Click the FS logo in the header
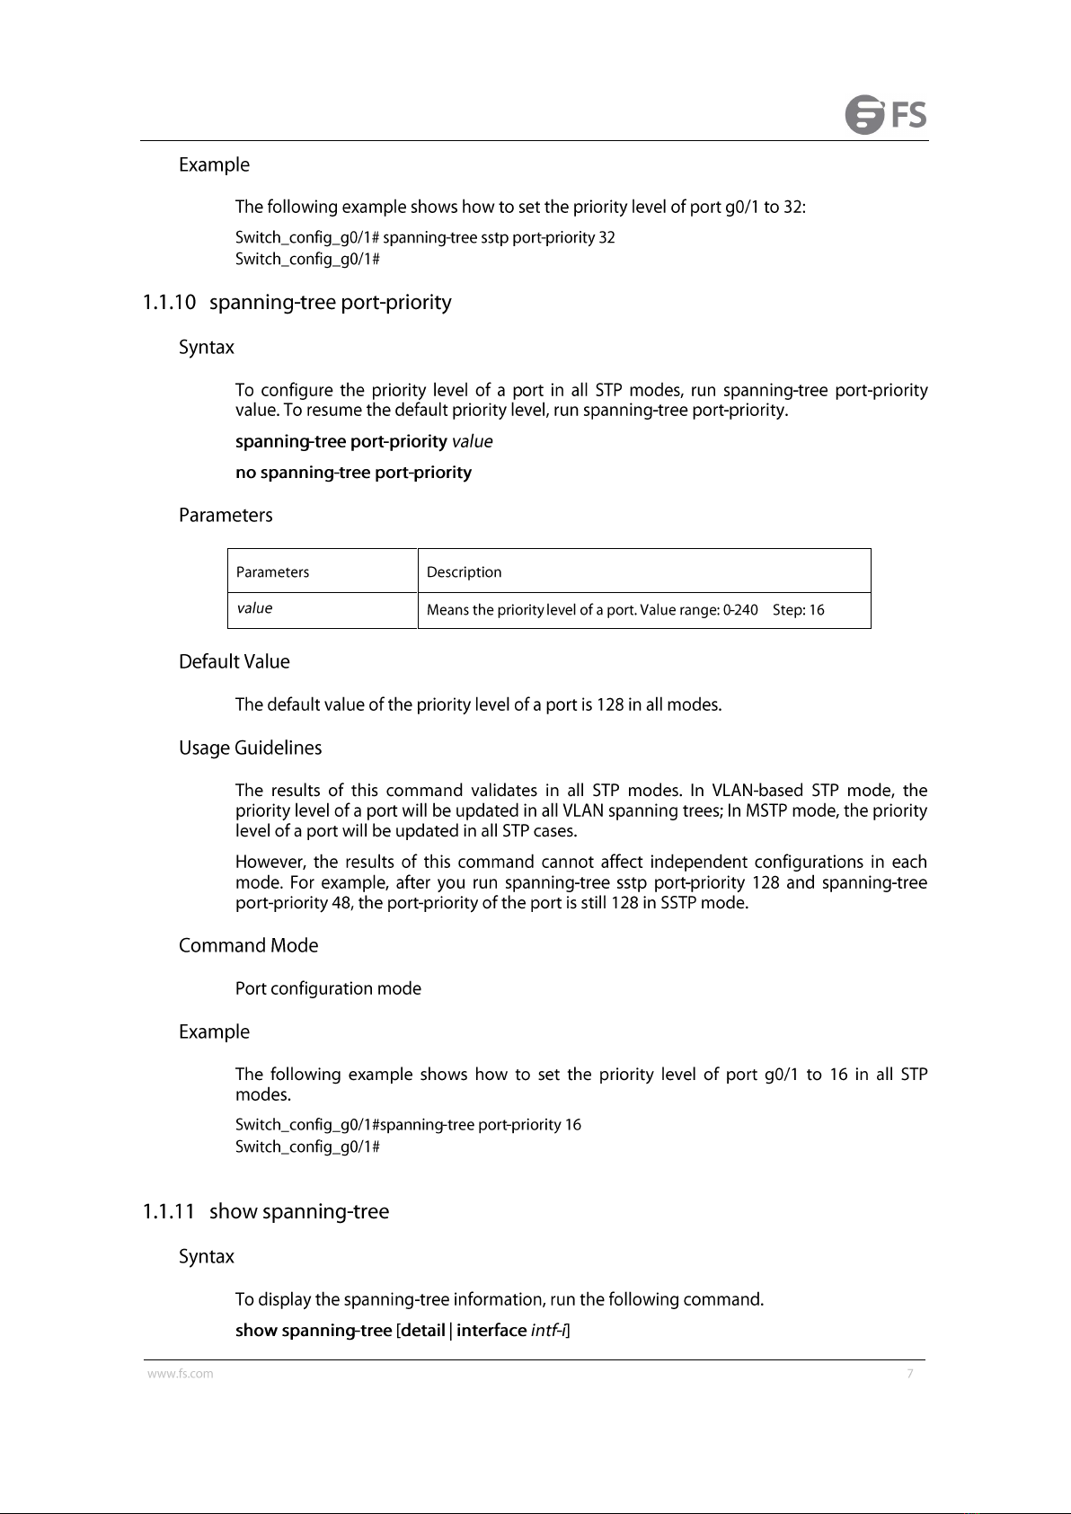pyautogui.click(x=886, y=115)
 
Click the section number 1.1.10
pyautogui.click(x=169, y=303)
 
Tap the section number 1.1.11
pyautogui.click(x=169, y=1212)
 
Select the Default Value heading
pyautogui.click(x=235, y=662)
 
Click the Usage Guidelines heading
pyautogui.click(x=250, y=748)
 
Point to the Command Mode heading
pyautogui.click(x=248, y=946)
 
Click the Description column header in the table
pyautogui.click(x=464, y=572)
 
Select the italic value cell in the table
pyautogui.click(x=254, y=609)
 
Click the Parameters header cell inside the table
pyautogui.click(x=272, y=572)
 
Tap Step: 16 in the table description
pyautogui.click(x=799, y=611)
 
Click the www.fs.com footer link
pyautogui.click(x=181, y=1374)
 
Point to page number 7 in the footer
pyautogui.click(x=910, y=1374)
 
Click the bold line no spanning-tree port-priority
pyautogui.click(x=353, y=473)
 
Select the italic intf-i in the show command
pyautogui.click(x=548, y=1331)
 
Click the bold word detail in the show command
pyautogui.click(x=422, y=1331)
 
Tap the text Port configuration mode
pyautogui.click(x=328, y=989)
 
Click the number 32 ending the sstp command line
pyautogui.click(x=606, y=238)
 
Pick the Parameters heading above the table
pyautogui.click(x=226, y=516)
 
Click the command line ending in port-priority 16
pyautogui.click(x=408, y=1125)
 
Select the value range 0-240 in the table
pyautogui.click(x=740, y=611)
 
